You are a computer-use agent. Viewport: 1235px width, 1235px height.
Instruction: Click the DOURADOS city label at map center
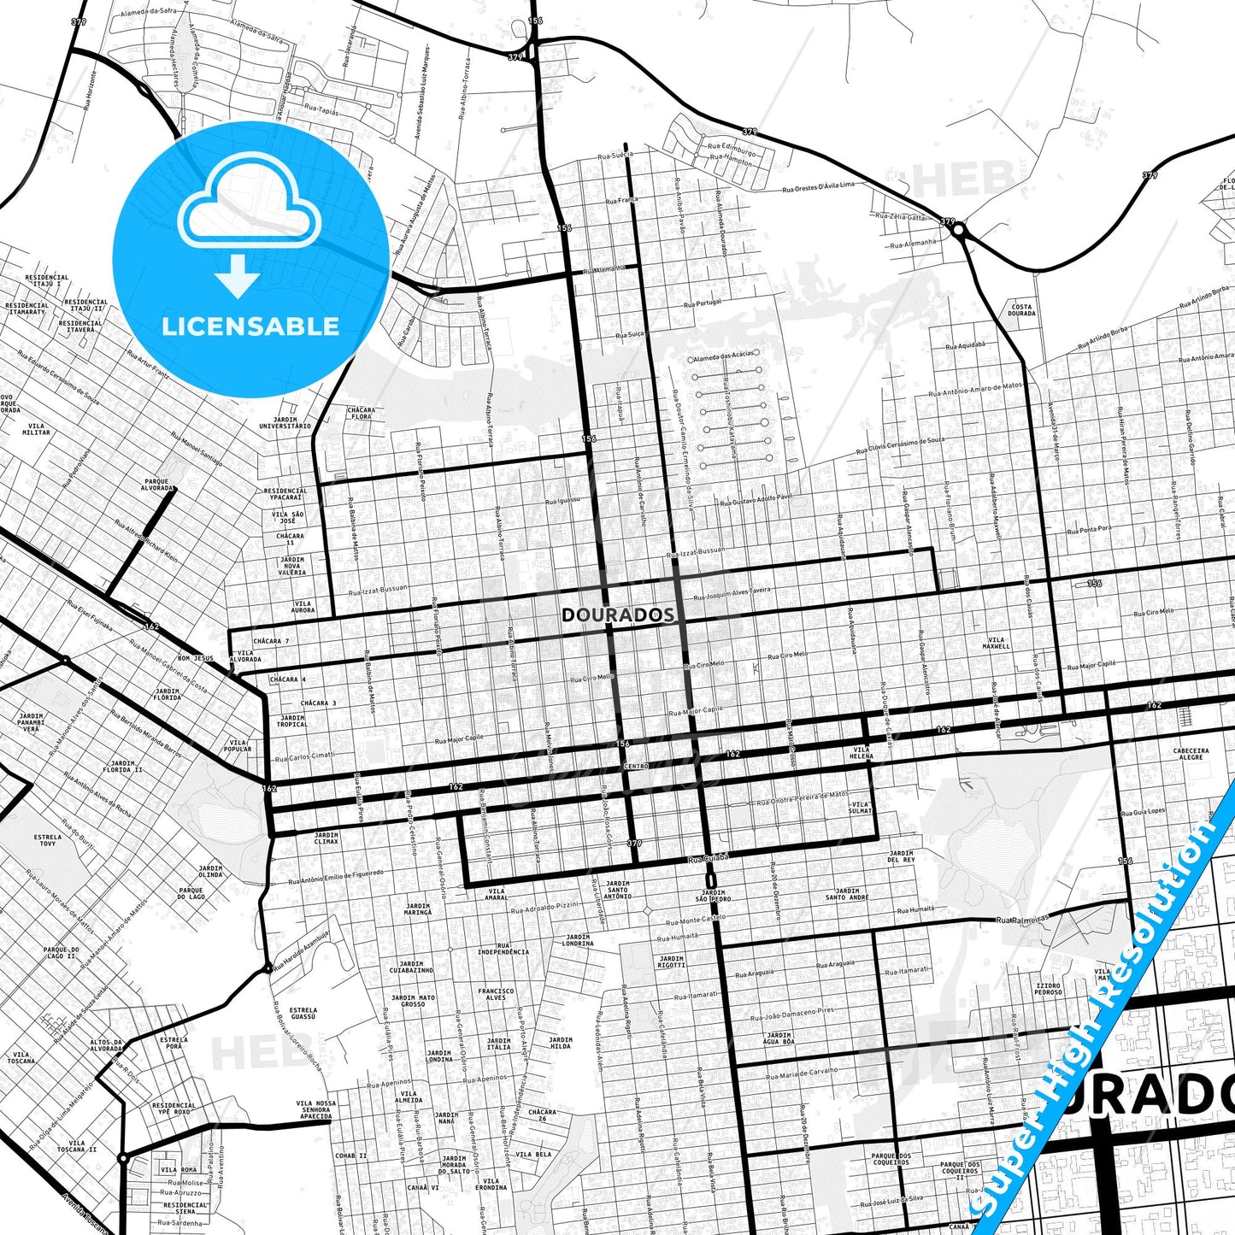618,615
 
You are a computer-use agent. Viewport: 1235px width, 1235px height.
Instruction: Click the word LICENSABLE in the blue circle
250,326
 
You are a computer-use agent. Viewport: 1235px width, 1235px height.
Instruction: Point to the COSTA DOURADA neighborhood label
1021,309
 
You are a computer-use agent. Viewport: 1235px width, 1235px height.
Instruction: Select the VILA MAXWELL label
996,643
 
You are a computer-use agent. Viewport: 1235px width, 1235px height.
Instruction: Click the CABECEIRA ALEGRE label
1191,754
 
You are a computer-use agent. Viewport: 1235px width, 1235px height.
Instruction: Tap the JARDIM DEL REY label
901,856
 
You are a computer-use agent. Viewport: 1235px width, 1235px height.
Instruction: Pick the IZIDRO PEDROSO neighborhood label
1048,989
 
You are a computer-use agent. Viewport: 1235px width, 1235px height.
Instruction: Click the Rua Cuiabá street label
709,857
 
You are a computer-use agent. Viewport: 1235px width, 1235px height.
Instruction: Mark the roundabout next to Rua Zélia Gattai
959,230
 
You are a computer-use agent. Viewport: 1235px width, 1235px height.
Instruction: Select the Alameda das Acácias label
723,354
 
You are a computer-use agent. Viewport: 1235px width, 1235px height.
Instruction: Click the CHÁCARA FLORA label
362,413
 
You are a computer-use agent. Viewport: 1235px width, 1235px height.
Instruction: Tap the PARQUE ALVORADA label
157,485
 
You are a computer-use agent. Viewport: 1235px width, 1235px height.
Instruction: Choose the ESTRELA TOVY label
48,840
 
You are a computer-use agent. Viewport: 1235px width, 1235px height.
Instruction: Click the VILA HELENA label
862,753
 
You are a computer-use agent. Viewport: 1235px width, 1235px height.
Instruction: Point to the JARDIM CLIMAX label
326,838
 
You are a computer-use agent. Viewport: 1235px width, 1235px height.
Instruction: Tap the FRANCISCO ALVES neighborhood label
496,994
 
